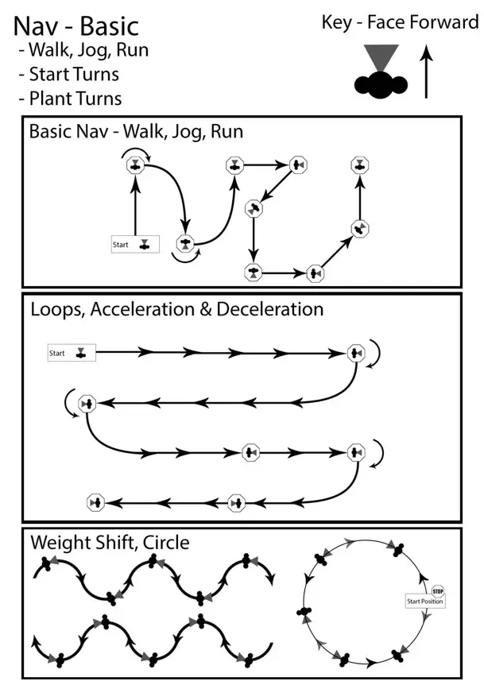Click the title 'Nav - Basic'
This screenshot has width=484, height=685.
(x=76, y=25)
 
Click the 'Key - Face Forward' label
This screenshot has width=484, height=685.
(x=400, y=22)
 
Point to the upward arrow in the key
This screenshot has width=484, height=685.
(x=426, y=72)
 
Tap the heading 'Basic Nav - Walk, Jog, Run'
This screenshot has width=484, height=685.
(x=136, y=131)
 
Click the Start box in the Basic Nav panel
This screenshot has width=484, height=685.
(x=134, y=244)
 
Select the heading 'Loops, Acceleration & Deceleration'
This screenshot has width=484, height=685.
(x=176, y=308)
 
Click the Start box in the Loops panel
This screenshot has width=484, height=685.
(x=71, y=353)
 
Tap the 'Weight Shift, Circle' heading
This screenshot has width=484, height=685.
(x=110, y=543)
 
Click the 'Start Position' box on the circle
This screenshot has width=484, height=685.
(x=425, y=602)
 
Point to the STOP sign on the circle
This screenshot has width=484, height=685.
(x=437, y=590)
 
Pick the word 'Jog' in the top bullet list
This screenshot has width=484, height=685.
(x=95, y=51)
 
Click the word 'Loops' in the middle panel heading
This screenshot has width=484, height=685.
(x=57, y=308)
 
